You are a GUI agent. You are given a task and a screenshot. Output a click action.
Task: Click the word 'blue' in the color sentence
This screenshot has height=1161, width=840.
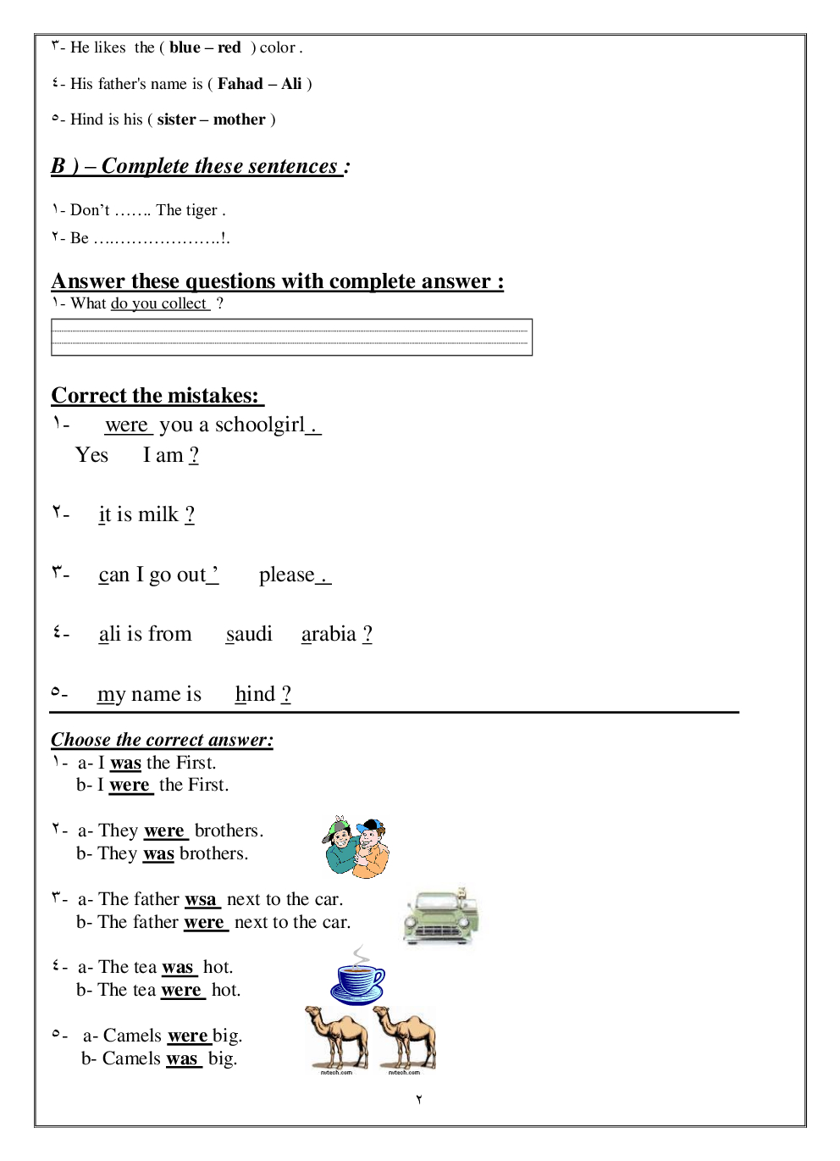pos(185,48)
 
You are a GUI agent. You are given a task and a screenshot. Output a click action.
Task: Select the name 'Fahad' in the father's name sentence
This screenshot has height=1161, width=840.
pos(240,84)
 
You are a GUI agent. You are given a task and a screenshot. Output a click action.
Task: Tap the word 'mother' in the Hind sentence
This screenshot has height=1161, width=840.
pos(240,119)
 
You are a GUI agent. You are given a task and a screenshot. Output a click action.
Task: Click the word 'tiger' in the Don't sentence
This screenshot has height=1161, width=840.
pos(202,210)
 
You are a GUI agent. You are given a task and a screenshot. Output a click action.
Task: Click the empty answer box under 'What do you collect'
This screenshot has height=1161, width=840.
pos(291,337)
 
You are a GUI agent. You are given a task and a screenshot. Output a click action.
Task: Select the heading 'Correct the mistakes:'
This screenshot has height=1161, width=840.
pos(156,396)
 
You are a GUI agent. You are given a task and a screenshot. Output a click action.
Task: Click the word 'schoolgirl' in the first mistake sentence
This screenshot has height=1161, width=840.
pos(259,425)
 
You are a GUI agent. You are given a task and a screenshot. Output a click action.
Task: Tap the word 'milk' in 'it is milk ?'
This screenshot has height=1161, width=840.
pos(158,514)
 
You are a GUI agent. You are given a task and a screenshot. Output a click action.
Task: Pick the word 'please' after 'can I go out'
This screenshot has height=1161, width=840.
pos(286,575)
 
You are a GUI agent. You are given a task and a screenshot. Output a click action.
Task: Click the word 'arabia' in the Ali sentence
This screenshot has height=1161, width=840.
pos(329,634)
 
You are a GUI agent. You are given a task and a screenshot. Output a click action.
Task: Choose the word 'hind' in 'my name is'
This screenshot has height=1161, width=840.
pos(255,694)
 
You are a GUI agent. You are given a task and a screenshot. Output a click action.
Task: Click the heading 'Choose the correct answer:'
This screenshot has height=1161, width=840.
pos(162,740)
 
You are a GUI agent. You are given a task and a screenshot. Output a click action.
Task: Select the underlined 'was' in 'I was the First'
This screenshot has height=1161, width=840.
pos(125,764)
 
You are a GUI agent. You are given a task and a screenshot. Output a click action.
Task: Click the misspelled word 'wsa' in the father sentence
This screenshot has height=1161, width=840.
pos(201,900)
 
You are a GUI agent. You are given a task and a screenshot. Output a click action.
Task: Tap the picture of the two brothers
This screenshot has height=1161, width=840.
pos(356,847)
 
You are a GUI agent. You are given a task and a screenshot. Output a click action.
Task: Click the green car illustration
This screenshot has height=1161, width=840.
pos(440,917)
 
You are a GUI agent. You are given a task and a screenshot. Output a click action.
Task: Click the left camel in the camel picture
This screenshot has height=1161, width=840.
pos(336,1039)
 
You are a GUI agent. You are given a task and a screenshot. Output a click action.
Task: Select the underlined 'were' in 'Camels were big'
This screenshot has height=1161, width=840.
pos(188,1036)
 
